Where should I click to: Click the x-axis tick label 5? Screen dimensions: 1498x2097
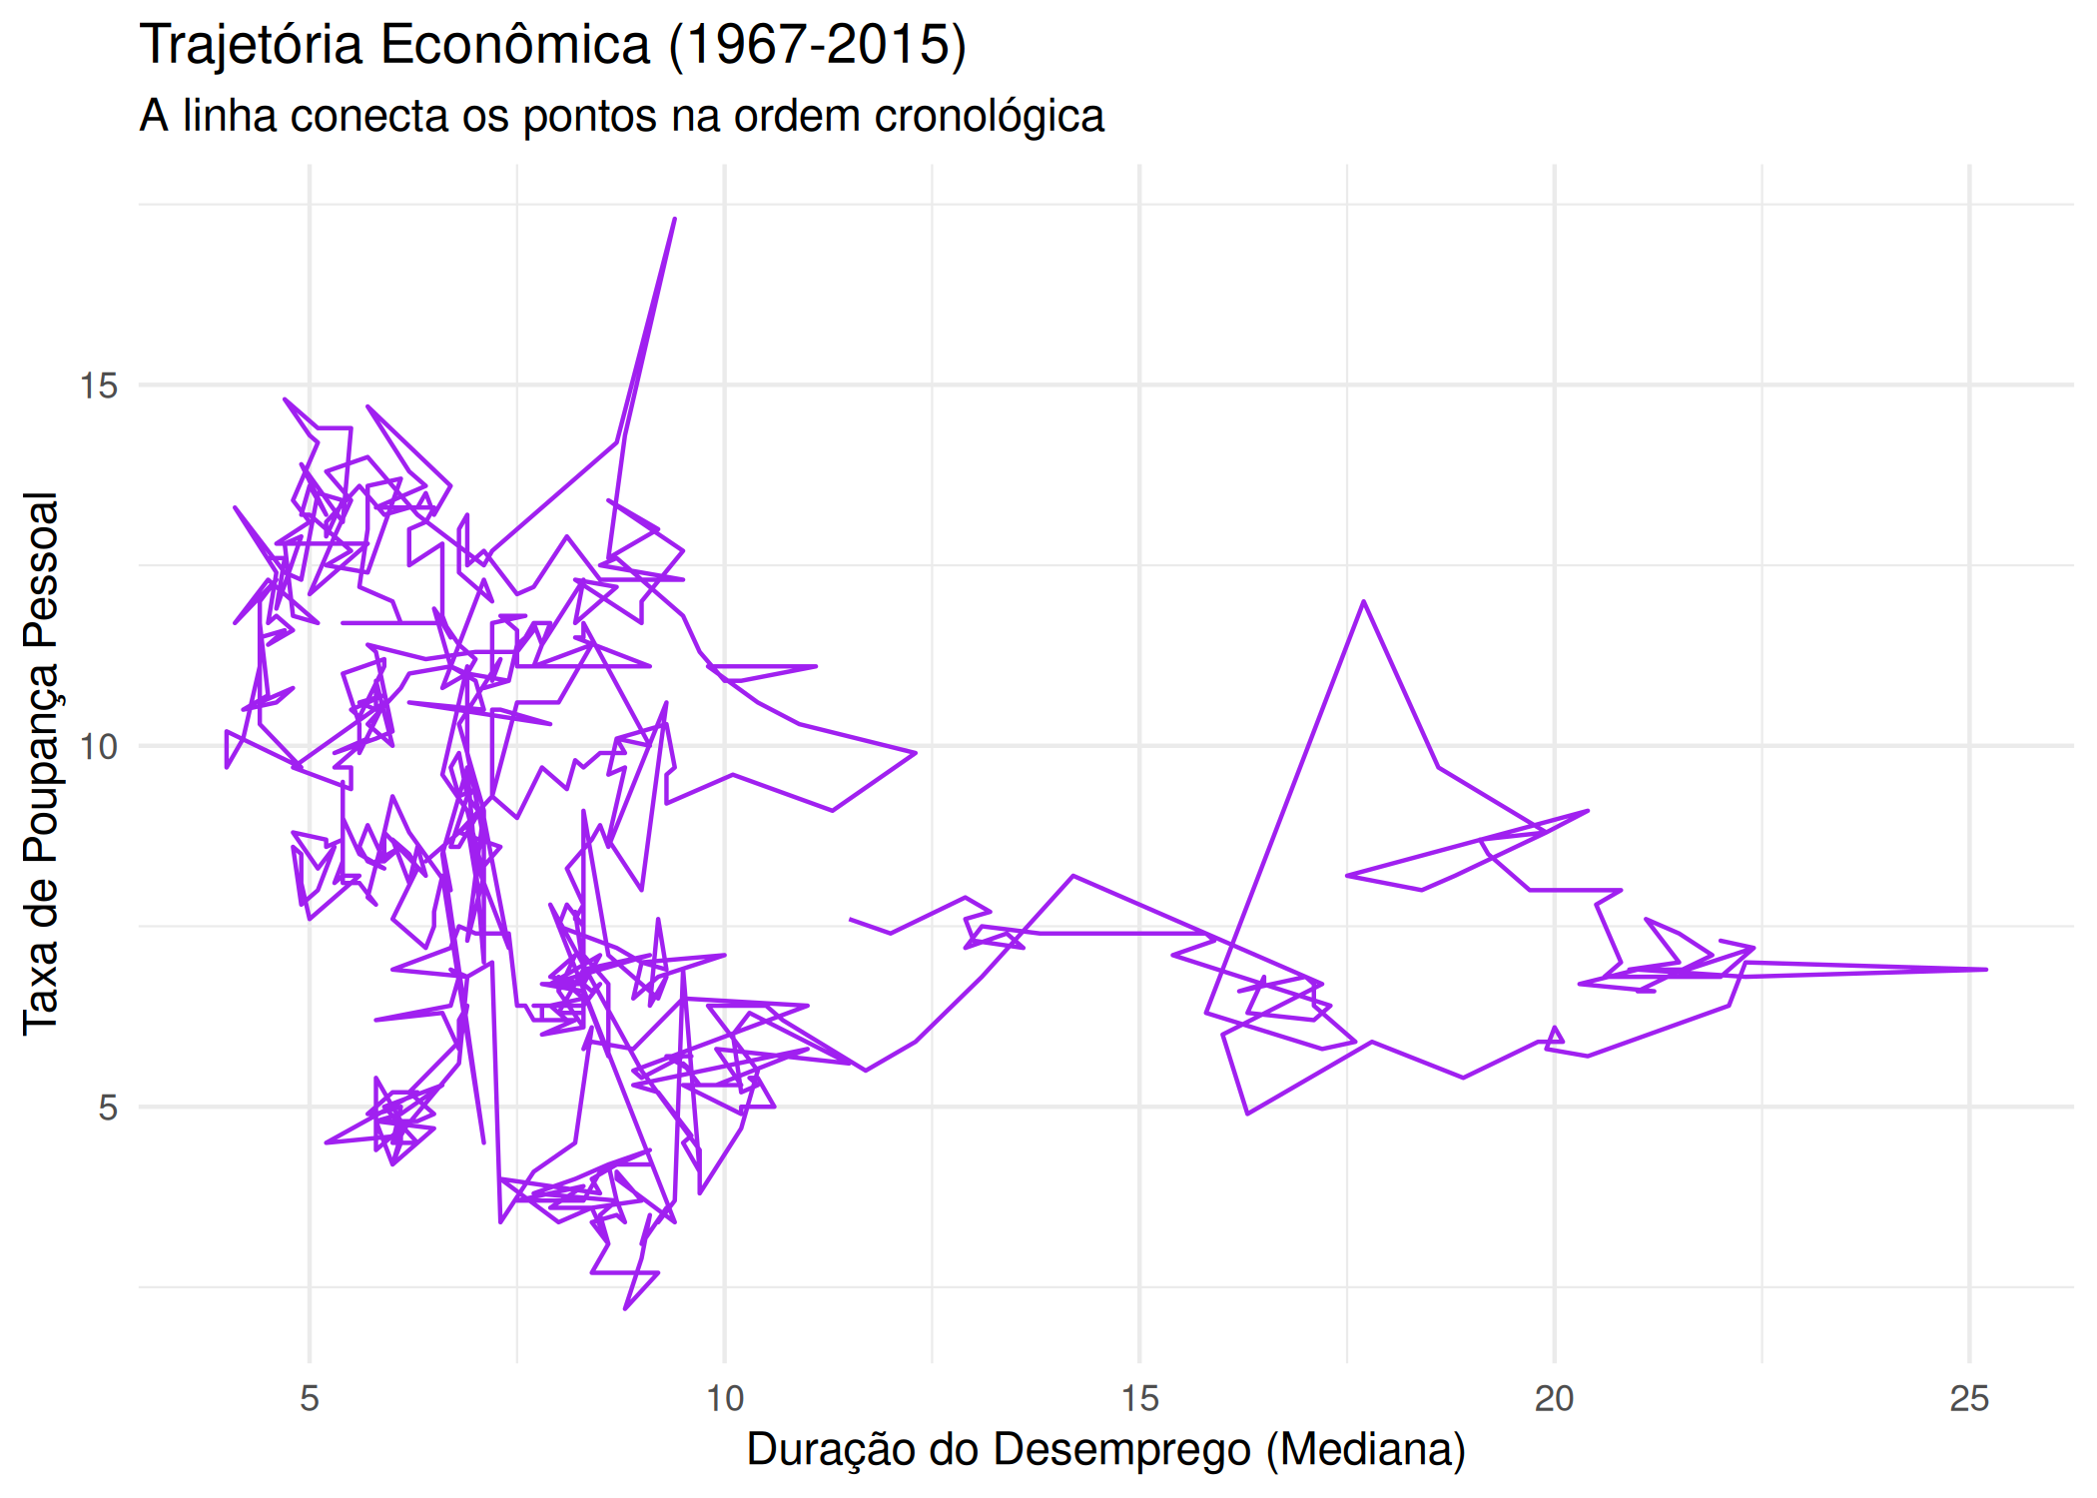[x=310, y=1398]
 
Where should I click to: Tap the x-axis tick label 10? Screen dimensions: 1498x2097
[x=725, y=1398]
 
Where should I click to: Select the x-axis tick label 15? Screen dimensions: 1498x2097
[x=1139, y=1398]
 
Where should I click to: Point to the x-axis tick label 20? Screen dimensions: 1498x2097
[x=1554, y=1398]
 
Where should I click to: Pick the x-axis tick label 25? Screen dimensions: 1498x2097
[x=1969, y=1398]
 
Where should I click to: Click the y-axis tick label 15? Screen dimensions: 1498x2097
[x=99, y=385]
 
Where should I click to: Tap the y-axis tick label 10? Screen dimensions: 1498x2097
[x=99, y=746]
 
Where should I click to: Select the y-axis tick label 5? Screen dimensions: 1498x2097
[x=108, y=1108]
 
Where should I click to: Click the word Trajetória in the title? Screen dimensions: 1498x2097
[x=251, y=46]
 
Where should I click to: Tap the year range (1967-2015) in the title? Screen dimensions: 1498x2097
[x=817, y=46]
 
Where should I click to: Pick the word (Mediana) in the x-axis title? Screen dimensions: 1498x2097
[x=1365, y=1450]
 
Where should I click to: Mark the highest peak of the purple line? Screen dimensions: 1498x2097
[x=675, y=218]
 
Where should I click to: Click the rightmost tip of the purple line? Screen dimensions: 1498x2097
[x=1986, y=969]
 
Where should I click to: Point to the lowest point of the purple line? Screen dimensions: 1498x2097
[x=625, y=1308]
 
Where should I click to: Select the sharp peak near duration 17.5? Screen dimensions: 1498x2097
[x=1364, y=601]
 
